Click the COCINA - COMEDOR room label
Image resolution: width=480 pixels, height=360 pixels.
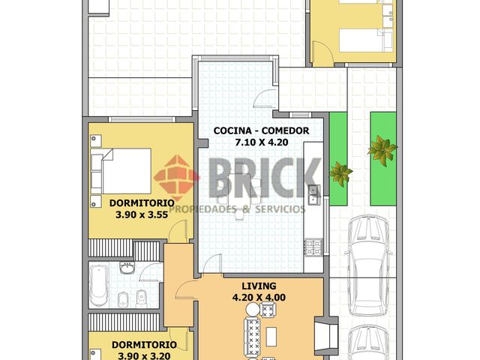[x=261, y=130]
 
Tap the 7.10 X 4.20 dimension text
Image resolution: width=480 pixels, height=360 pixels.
[x=262, y=142]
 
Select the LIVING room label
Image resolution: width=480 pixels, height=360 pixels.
[x=259, y=286]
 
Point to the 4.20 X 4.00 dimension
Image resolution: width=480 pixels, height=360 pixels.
[x=259, y=298]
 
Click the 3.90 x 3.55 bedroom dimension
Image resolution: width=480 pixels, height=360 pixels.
[x=142, y=214]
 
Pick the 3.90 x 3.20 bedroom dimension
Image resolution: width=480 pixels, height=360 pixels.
[x=144, y=356]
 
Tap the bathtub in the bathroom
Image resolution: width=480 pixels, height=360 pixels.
[x=98, y=285]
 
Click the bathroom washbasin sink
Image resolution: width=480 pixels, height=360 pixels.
[x=127, y=268]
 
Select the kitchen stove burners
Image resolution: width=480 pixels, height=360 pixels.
[x=313, y=247]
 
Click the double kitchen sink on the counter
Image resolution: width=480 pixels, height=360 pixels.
[x=313, y=195]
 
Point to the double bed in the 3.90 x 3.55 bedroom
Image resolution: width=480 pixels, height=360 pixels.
[x=121, y=171]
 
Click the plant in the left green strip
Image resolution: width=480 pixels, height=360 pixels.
[x=340, y=173]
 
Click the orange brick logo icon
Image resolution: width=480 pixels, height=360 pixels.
[x=176, y=178]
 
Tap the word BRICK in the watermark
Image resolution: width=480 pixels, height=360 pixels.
[x=265, y=178]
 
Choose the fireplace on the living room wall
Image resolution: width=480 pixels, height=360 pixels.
[x=326, y=334]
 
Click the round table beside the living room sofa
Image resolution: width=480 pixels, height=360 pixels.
[x=253, y=310]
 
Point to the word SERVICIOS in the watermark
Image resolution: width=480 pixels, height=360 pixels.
[x=280, y=209]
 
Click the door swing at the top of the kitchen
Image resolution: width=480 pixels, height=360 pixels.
[x=265, y=98]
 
